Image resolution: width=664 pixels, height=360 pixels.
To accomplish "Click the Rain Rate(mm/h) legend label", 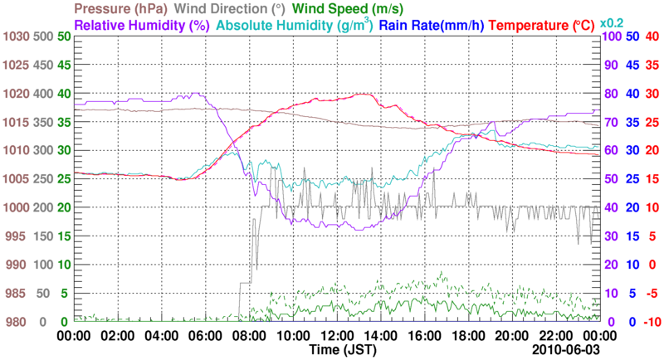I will point(432,26).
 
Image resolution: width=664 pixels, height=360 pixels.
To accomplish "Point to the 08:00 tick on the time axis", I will point(248,337).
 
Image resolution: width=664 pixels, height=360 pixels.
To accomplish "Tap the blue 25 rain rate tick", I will point(632,179).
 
